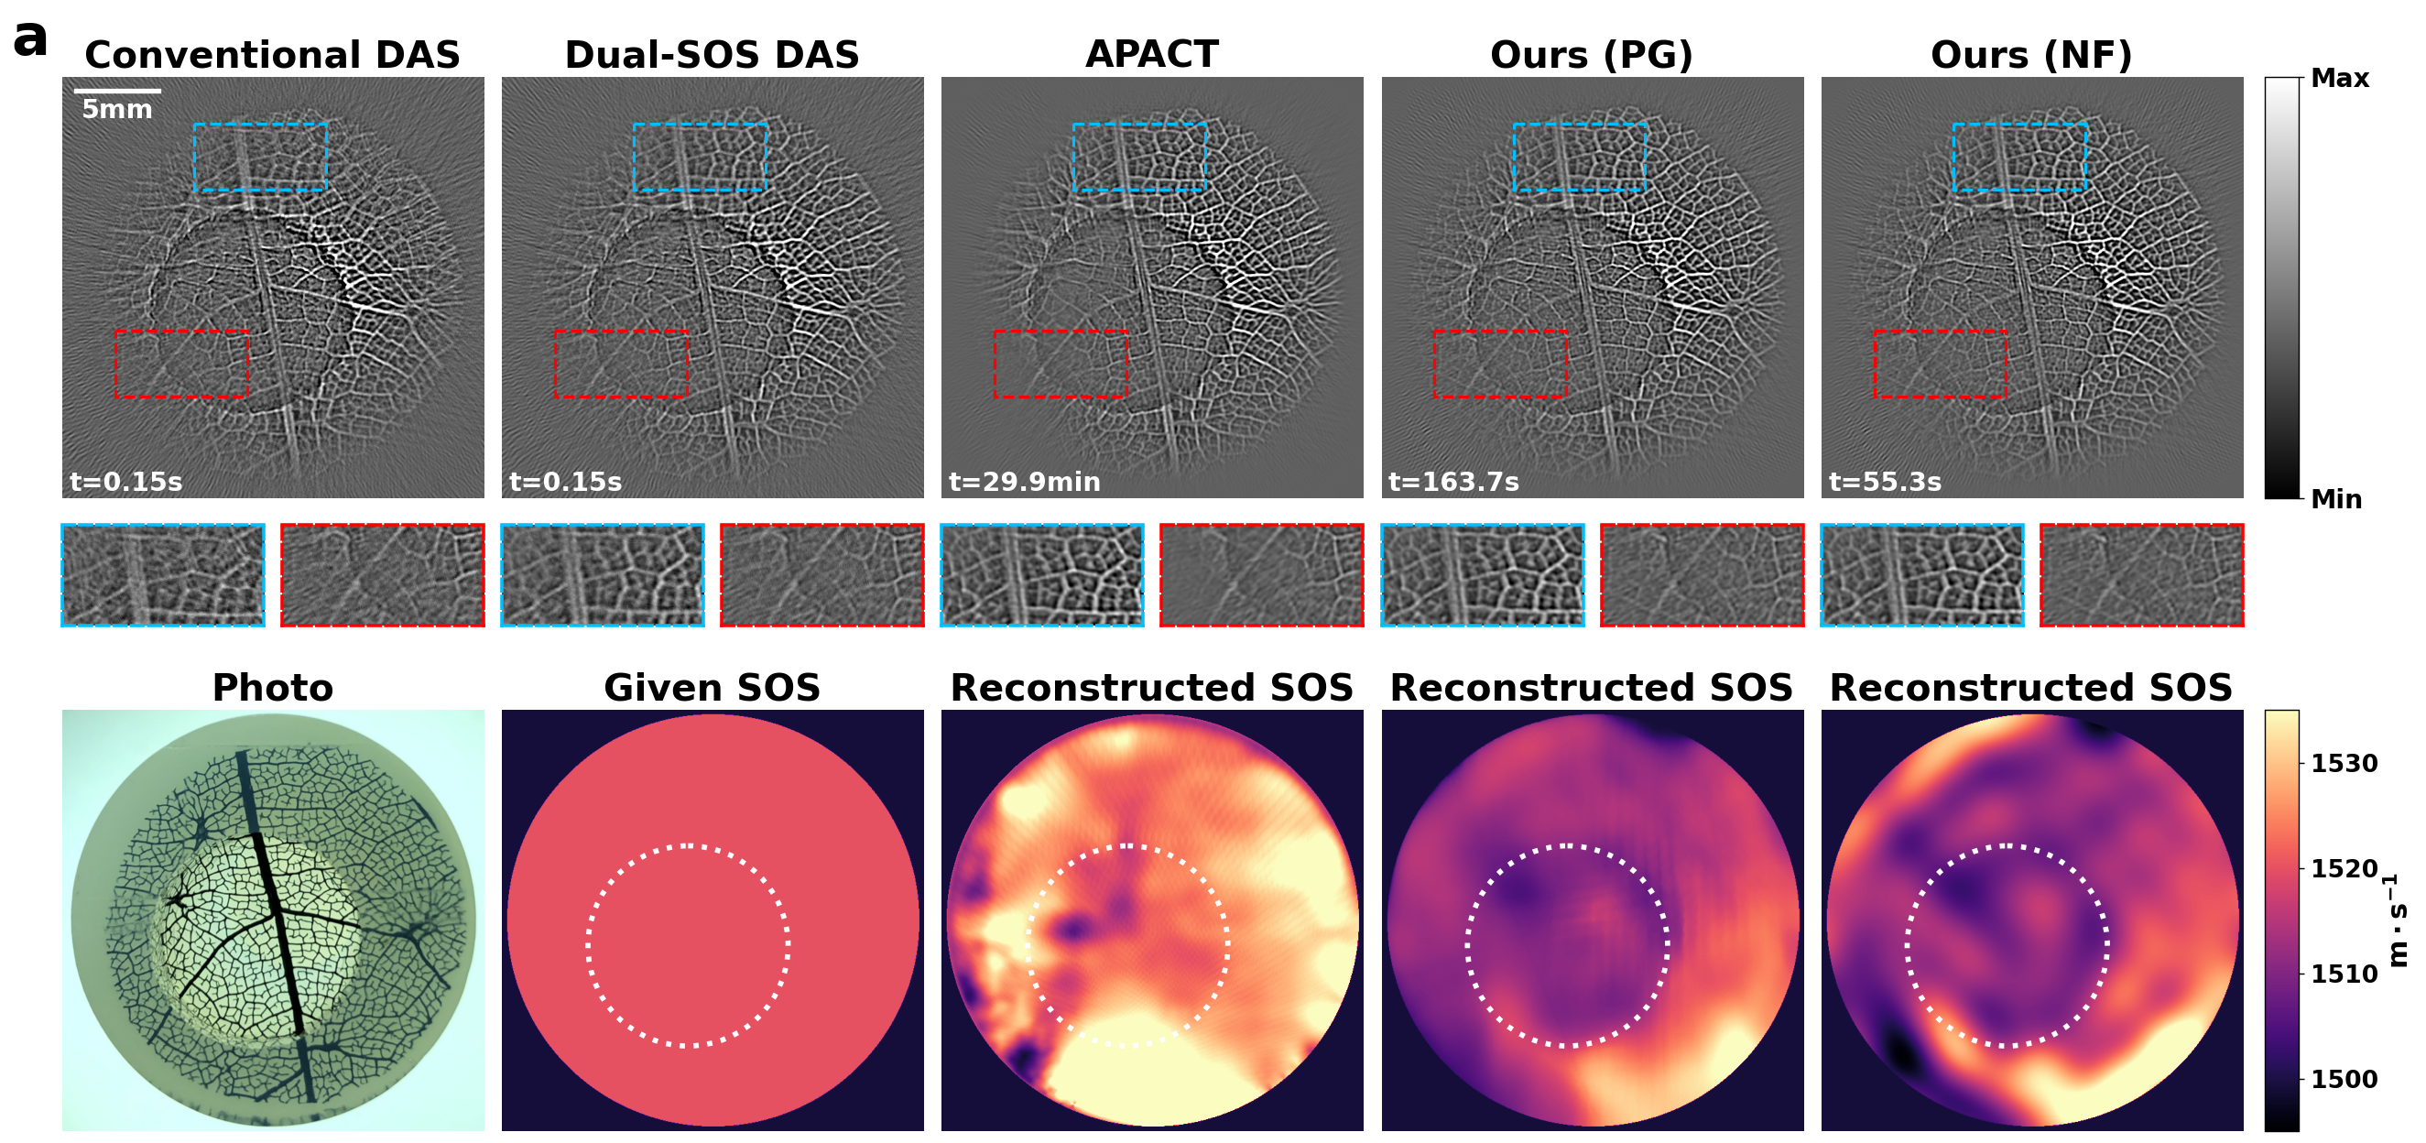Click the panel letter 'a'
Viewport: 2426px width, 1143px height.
click(x=29, y=39)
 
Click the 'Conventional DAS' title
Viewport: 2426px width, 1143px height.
click(x=272, y=55)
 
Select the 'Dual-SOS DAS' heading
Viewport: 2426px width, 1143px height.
click(x=712, y=55)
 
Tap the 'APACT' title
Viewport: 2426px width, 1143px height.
click(x=1152, y=54)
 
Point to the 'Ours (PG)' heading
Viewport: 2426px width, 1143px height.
click(x=1592, y=55)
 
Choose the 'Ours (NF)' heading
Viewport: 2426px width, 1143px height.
click(x=2031, y=55)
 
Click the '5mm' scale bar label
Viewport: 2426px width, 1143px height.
click(x=117, y=109)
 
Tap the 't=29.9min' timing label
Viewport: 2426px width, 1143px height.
click(x=1025, y=482)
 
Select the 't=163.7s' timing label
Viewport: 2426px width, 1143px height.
click(x=1454, y=482)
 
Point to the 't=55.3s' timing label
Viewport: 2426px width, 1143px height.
click(x=1886, y=482)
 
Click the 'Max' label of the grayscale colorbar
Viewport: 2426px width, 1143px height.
click(x=2340, y=78)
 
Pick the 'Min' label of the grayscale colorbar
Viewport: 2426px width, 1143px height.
click(x=2336, y=499)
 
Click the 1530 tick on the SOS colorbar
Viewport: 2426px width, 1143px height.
click(x=2344, y=763)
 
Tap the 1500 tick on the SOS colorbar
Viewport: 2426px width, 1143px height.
click(x=2344, y=1079)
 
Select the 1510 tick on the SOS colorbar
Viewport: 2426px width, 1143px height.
click(x=2344, y=974)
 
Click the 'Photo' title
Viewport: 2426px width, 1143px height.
click(x=273, y=687)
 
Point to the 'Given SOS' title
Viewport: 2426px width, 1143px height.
click(x=712, y=687)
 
